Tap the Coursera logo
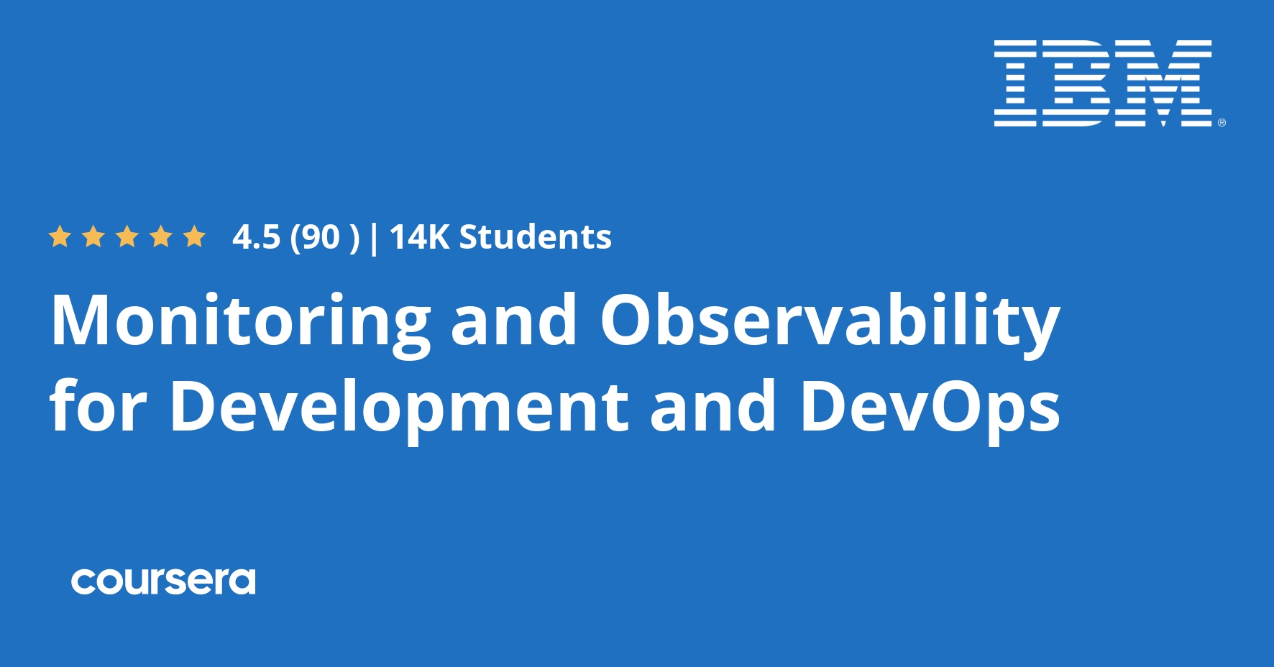tap(163, 581)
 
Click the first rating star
tap(60, 236)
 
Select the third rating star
tap(127, 236)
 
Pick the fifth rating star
tap(194, 236)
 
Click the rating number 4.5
tap(256, 237)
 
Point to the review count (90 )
tap(324, 237)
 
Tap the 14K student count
tap(418, 237)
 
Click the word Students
tap(535, 237)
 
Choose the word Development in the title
tap(399, 407)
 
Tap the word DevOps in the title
tap(930, 407)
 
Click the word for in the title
tap(98, 407)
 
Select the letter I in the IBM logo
tap(1015, 83)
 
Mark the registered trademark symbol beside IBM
tap(1222, 123)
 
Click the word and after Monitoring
tap(514, 321)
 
